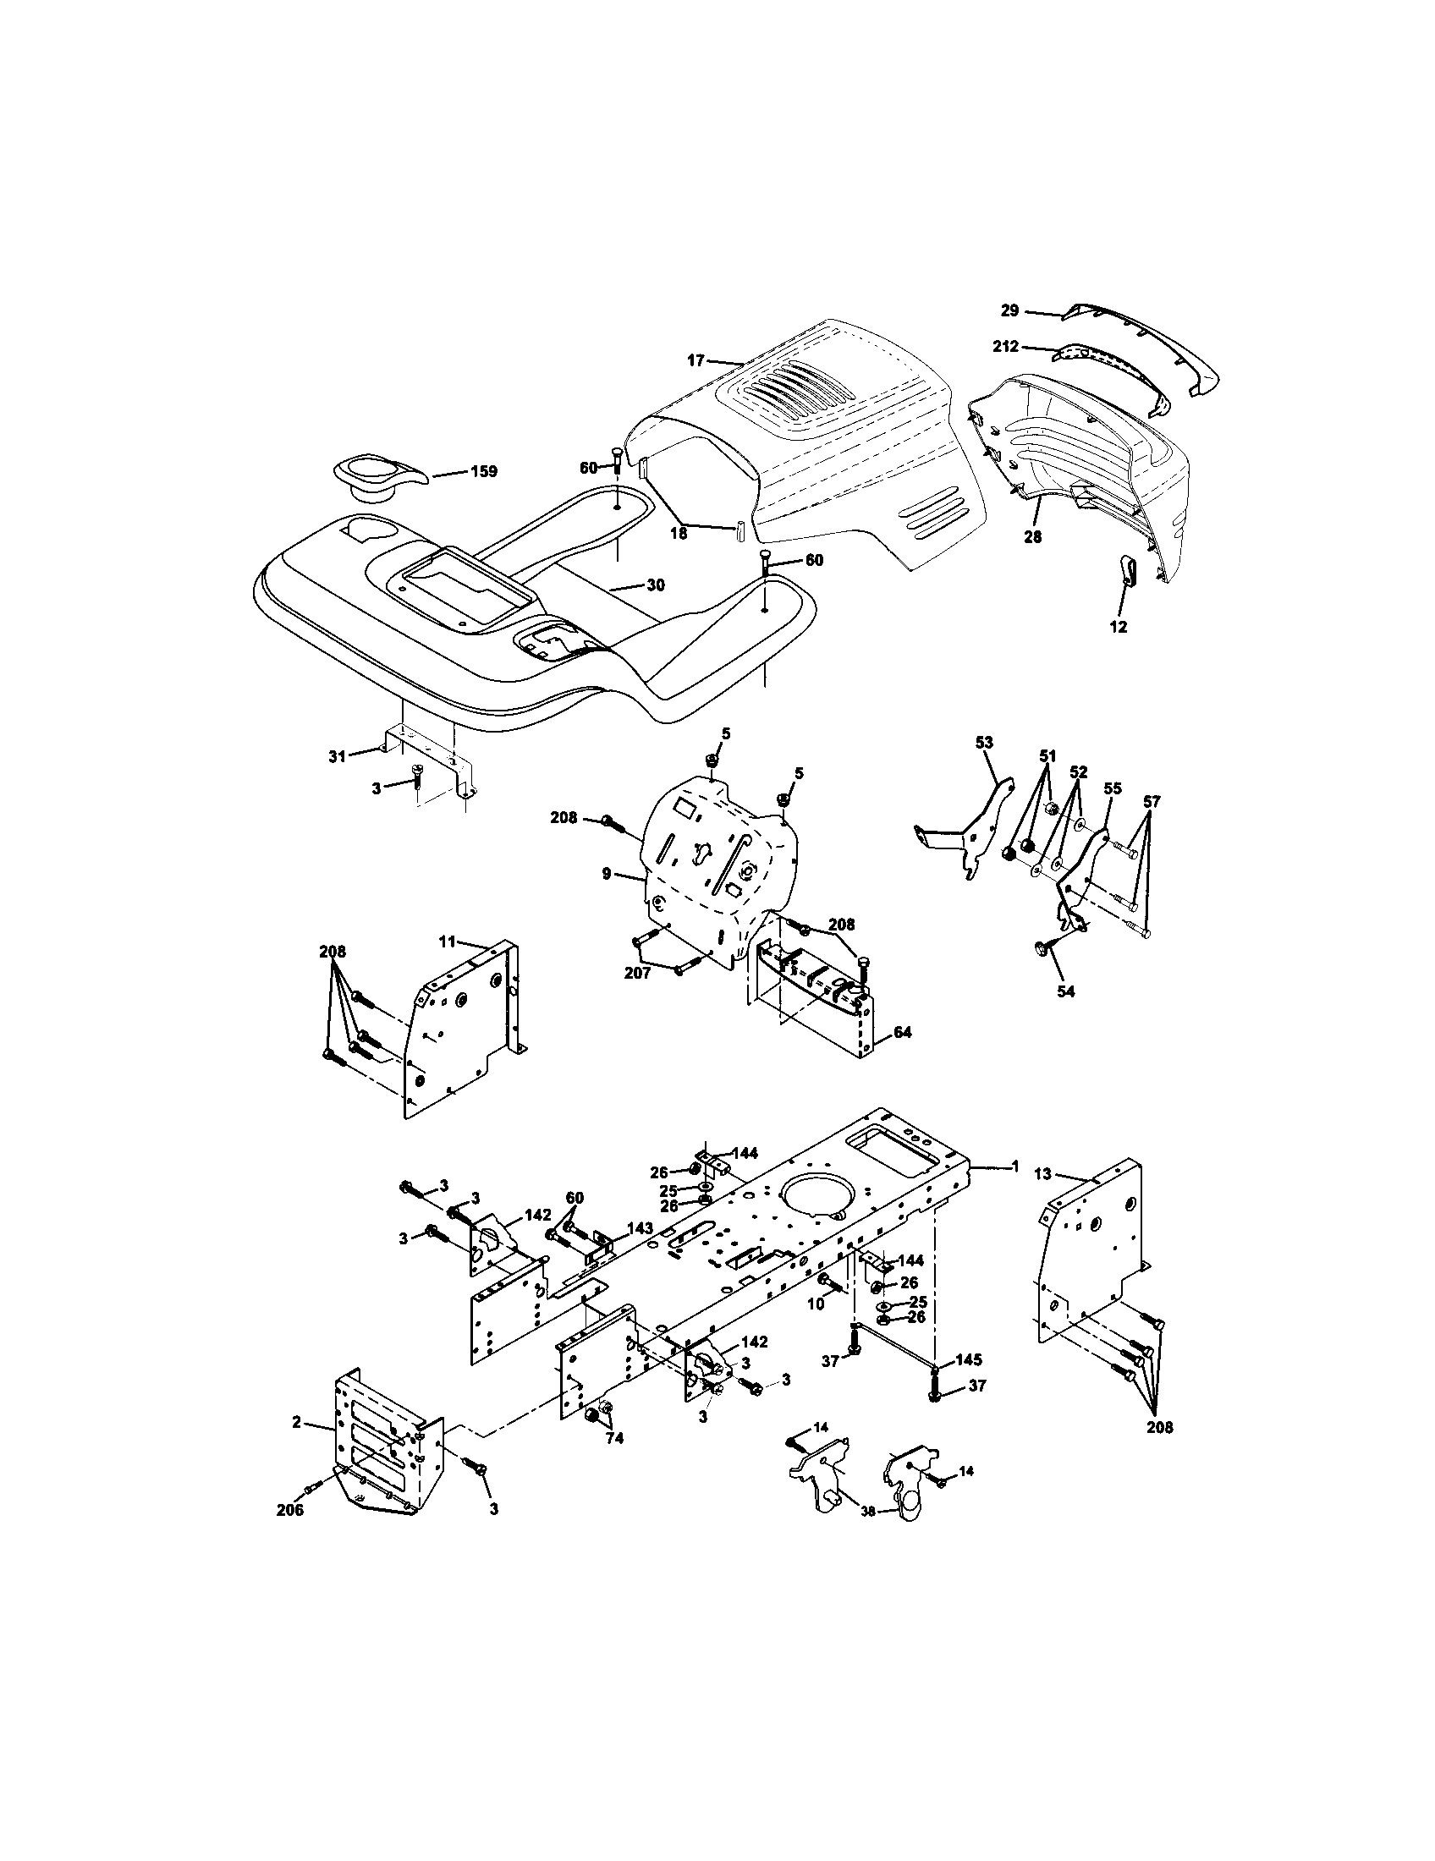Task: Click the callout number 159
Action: (x=484, y=471)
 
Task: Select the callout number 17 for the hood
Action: (x=696, y=360)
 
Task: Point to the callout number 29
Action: (x=1009, y=311)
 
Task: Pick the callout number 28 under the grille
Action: (x=1033, y=537)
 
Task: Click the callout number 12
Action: (x=1118, y=626)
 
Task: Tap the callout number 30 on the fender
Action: (x=655, y=585)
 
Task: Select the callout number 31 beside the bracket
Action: (x=338, y=755)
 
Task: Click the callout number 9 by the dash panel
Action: (x=606, y=874)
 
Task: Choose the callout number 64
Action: (x=903, y=1032)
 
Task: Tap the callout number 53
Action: (x=983, y=743)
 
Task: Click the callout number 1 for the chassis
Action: (x=1014, y=1166)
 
